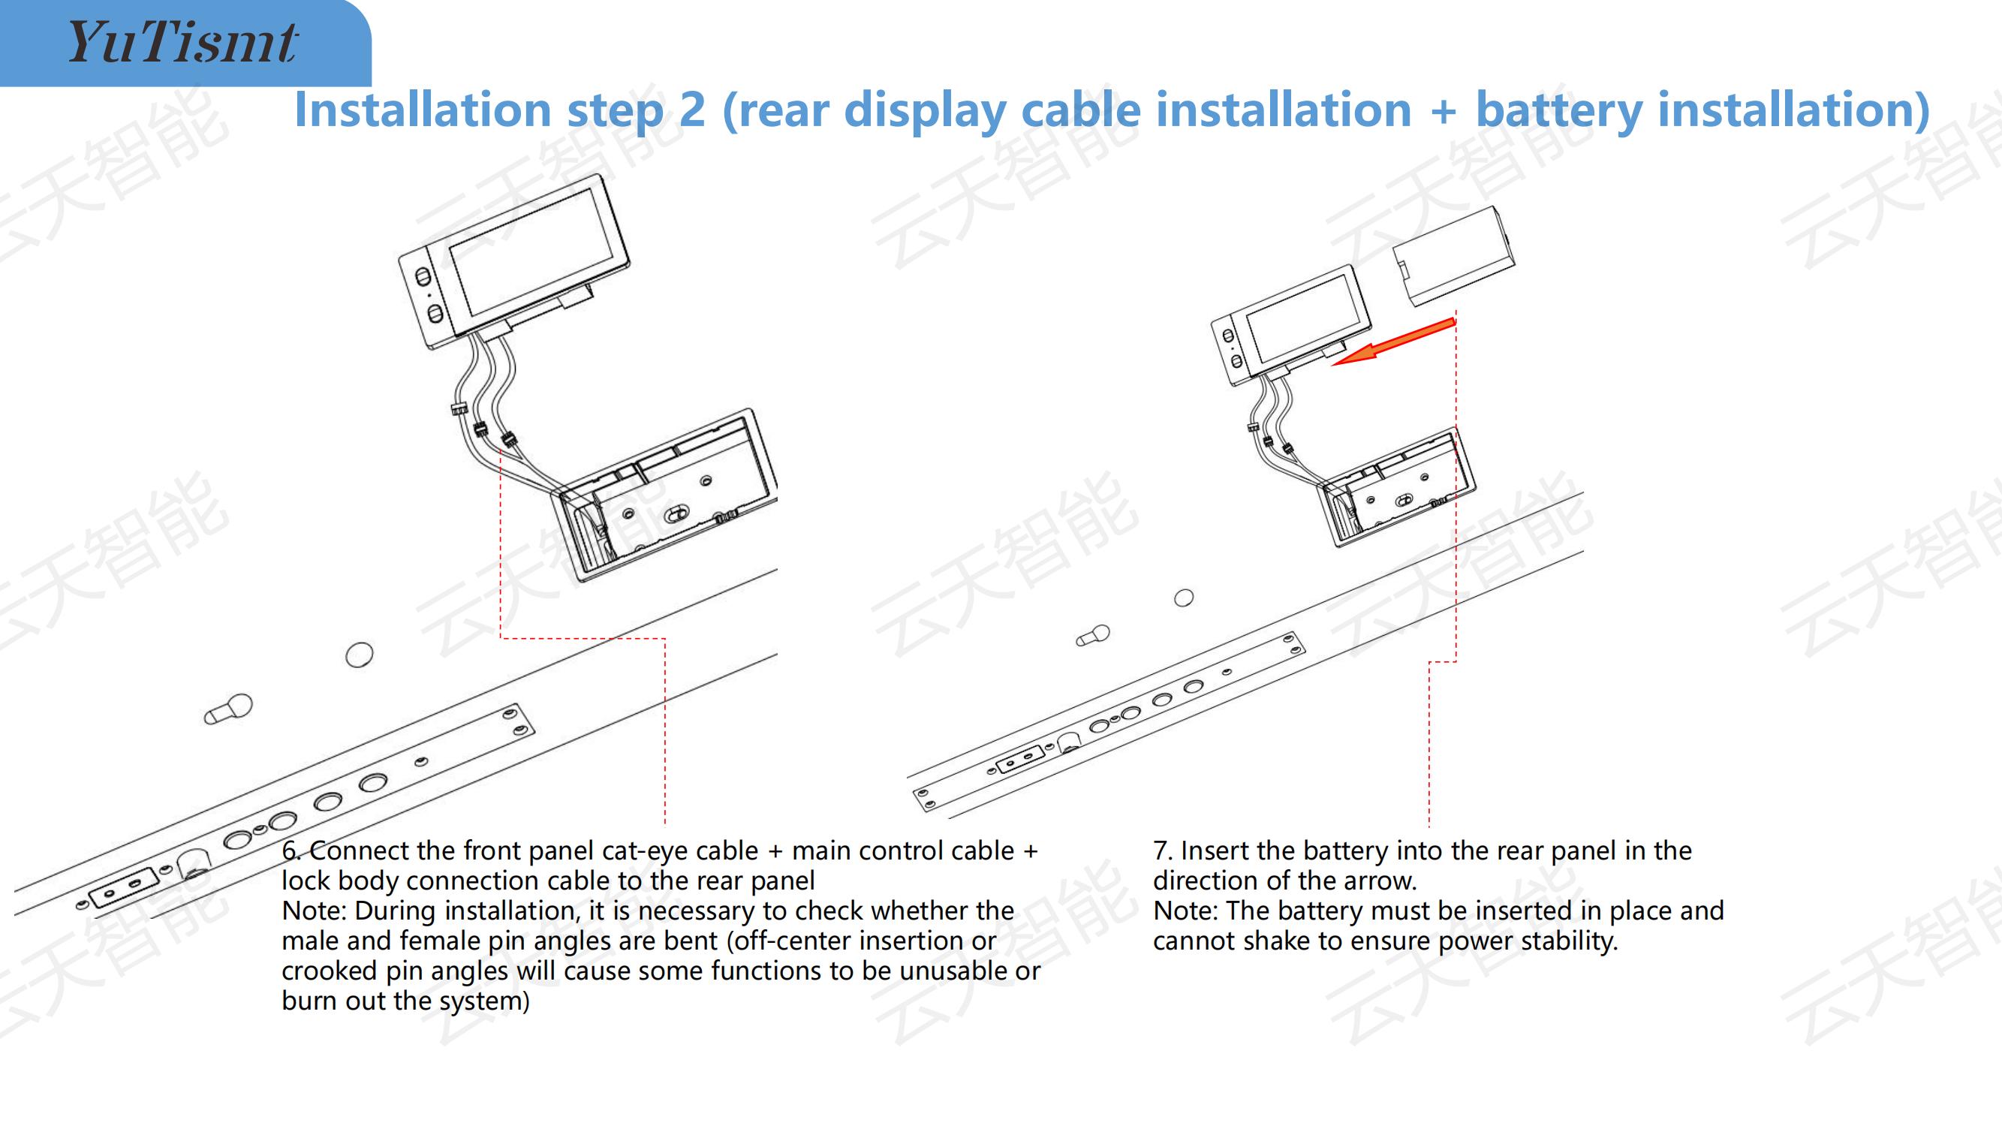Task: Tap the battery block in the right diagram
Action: (1453, 256)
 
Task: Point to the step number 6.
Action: (291, 851)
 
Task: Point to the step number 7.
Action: (1163, 851)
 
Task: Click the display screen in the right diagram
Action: (1305, 318)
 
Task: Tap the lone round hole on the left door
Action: (359, 655)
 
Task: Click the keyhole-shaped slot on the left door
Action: (228, 709)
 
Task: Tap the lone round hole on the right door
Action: (1184, 598)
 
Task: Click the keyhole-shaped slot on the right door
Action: (1093, 636)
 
